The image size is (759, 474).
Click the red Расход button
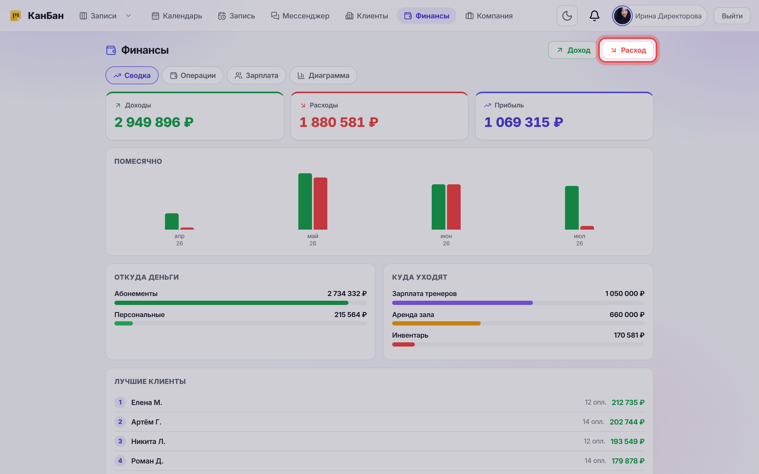tap(627, 50)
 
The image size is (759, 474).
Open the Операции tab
tap(193, 75)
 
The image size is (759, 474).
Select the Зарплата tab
tap(256, 75)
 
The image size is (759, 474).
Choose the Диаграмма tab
tap(323, 75)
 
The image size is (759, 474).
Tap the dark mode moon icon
tap(567, 16)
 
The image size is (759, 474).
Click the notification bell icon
tap(594, 16)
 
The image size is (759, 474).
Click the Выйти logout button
tap(732, 16)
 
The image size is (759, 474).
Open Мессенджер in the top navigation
tap(300, 16)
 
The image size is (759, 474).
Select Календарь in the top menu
tap(177, 16)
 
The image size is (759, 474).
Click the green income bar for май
tap(305, 201)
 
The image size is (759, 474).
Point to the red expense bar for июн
tap(454, 207)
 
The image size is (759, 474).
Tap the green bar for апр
tap(172, 221)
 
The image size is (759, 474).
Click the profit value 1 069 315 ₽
tap(524, 122)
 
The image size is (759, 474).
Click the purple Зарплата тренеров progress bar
tap(462, 303)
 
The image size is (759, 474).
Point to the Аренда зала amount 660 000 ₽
tap(627, 314)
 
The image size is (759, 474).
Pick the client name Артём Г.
tap(147, 422)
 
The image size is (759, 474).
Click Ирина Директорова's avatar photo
tap(622, 16)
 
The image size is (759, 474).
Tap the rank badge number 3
tap(120, 441)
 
